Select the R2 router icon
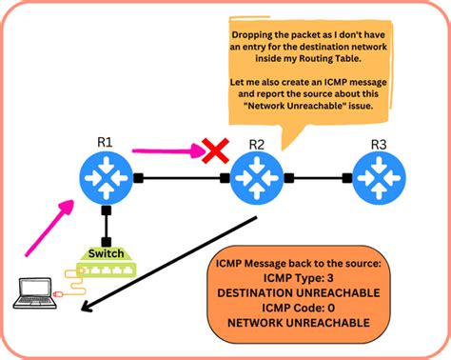[x=254, y=177]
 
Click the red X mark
[x=217, y=150]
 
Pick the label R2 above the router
[x=256, y=143]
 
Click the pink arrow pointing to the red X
[x=167, y=148]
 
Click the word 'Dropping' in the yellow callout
[x=253, y=34]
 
